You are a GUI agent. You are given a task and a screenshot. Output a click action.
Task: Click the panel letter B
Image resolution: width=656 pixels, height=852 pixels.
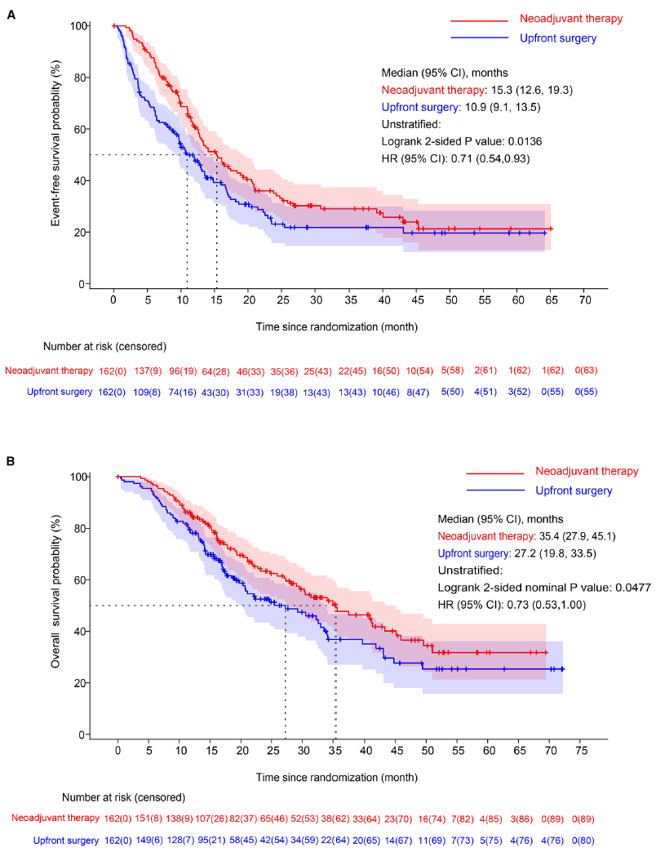[x=11, y=462]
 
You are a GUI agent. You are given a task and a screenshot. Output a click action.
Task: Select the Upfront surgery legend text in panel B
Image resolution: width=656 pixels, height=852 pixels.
[x=574, y=490]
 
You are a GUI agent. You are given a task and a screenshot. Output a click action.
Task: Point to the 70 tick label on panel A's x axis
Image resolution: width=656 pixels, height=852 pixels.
[x=584, y=300]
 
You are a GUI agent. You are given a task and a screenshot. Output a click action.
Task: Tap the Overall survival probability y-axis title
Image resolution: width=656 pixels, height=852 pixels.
[x=56, y=605]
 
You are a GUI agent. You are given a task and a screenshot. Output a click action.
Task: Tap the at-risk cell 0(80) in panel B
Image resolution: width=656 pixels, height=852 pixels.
[x=581, y=839]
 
